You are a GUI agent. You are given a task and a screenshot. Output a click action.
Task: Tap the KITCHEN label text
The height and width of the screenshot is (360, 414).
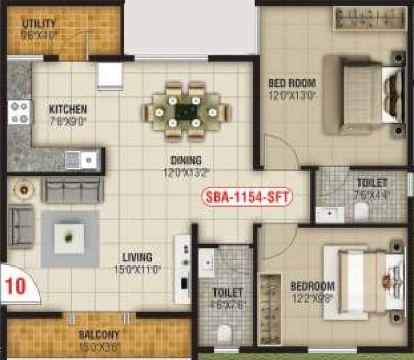(68, 110)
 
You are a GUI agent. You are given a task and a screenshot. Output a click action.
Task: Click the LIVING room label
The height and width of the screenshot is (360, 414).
(137, 257)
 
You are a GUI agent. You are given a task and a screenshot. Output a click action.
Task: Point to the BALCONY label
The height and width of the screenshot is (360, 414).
(99, 335)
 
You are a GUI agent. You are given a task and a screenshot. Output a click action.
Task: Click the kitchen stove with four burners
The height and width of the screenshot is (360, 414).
(19, 112)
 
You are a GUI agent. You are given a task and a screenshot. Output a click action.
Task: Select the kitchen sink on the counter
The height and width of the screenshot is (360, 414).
(83, 160)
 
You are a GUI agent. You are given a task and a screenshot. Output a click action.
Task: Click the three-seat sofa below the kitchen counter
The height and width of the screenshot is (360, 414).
(72, 190)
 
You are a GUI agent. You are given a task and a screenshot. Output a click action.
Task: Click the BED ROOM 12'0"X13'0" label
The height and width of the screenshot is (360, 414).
(292, 83)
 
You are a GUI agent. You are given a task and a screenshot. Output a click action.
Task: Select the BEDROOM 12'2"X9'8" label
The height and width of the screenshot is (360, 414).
(312, 286)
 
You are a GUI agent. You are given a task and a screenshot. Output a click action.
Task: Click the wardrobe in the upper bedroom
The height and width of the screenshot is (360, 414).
(370, 19)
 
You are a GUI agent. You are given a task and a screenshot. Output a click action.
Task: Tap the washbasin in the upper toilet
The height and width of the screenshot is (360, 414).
(330, 214)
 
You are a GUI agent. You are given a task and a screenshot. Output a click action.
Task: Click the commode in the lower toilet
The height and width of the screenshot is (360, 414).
(224, 333)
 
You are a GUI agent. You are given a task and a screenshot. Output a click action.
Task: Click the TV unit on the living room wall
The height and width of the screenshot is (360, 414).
(182, 269)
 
